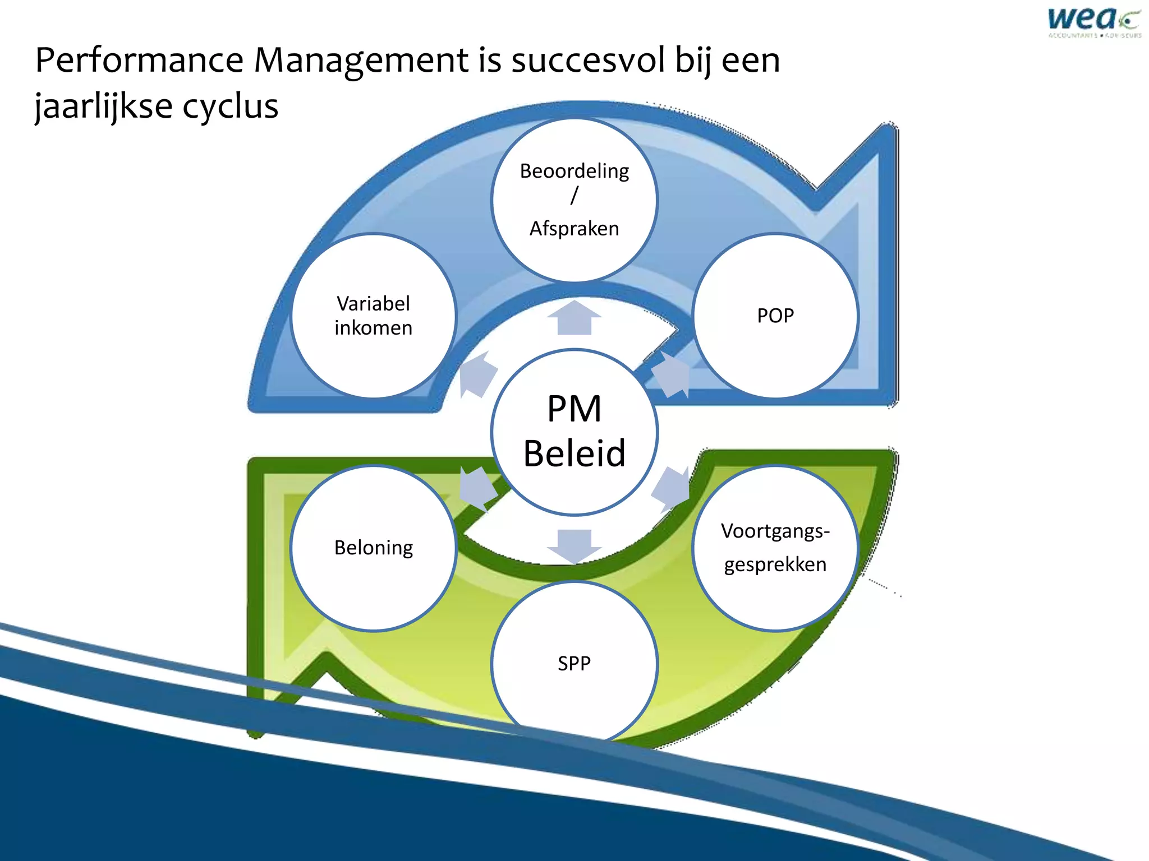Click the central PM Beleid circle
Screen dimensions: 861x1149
coord(574,432)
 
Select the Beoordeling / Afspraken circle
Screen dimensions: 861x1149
coord(574,200)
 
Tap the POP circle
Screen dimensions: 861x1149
coord(775,316)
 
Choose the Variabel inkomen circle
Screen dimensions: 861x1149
coord(374,316)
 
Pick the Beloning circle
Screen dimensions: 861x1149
coord(374,548)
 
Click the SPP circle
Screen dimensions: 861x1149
coord(574,663)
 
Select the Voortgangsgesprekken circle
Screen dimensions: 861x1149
coord(775,548)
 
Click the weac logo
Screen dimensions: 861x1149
coord(1093,22)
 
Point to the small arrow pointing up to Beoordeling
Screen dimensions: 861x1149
coord(574,318)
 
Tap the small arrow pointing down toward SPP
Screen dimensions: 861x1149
coord(574,545)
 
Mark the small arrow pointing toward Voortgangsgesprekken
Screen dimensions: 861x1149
coord(672,487)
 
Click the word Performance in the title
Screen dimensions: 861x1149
coord(139,61)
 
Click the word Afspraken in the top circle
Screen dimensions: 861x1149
coord(574,229)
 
